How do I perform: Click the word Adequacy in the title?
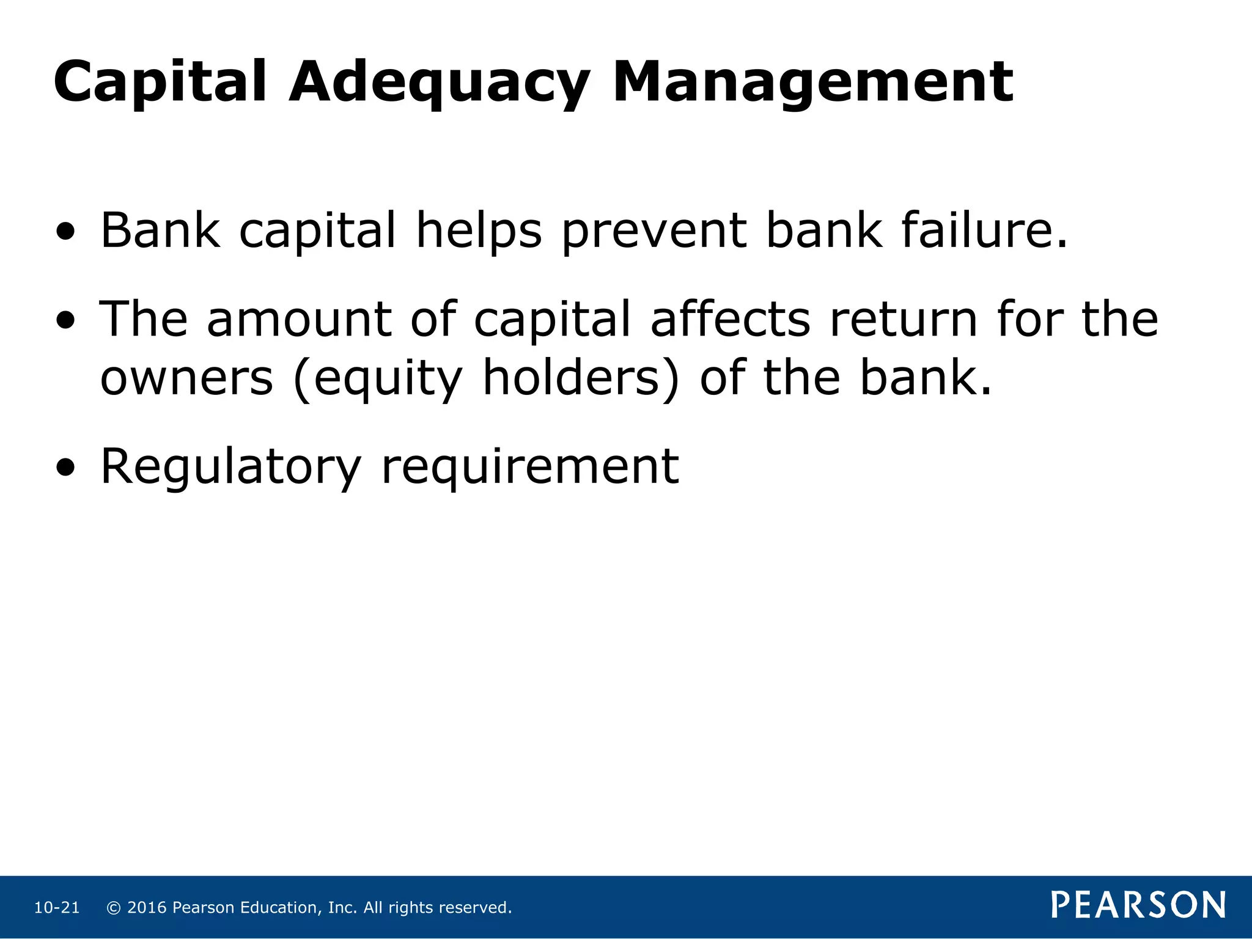(439, 83)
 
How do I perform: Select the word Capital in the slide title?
(160, 83)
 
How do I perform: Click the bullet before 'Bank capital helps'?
(65, 232)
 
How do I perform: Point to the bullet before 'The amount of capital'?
(65, 320)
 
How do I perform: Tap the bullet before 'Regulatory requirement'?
(65, 468)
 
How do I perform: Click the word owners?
(186, 378)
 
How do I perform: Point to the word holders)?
(581, 378)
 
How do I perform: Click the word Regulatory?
(230, 468)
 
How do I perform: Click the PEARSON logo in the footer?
(1138, 905)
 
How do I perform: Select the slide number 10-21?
(57, 908)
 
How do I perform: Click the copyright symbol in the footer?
(113, 908)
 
